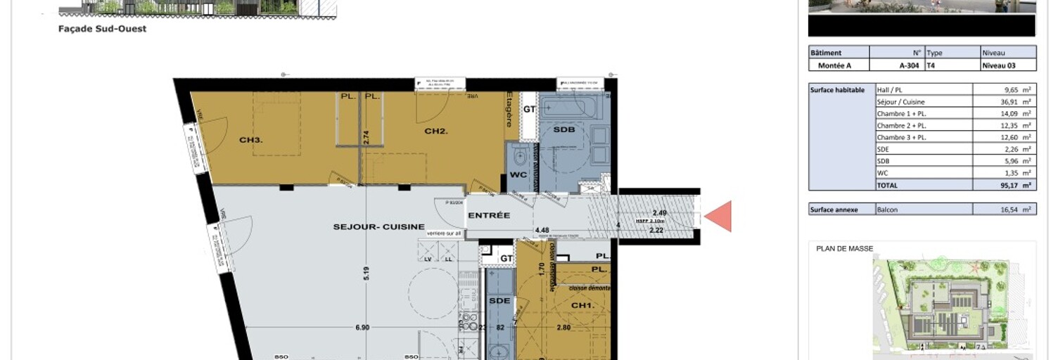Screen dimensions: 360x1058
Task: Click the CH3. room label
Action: point(250,140)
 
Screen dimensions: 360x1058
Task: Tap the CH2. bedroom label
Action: point(436,131)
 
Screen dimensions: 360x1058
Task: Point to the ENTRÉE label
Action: point(488,215)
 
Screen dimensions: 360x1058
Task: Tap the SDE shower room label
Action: point(499,300)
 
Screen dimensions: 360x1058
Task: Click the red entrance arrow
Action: point(719,216)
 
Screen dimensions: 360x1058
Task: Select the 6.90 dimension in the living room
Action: point(362,327)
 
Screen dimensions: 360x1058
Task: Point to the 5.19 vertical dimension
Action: point(366,273)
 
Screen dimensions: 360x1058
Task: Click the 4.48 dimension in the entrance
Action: point(542,230)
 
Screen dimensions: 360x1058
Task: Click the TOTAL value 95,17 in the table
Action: point(1004,185)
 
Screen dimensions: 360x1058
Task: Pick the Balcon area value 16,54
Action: point(1004,210)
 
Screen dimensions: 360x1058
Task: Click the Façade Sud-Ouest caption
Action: point(102,29)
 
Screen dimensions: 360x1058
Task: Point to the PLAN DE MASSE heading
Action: point(843,248)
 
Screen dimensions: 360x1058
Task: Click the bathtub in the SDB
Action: point(568,108)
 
